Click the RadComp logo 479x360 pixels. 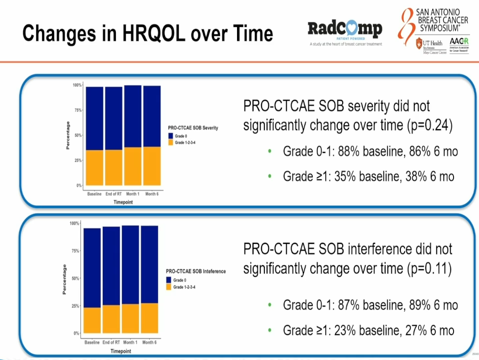click(345, 30)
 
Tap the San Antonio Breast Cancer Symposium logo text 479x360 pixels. click(436, 20)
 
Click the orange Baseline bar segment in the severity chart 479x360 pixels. click(95, 168)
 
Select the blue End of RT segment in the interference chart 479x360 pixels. click(111, 266)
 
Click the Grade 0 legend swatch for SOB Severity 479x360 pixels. click(170, 136)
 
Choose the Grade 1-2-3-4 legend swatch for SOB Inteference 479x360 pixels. click(169, 287)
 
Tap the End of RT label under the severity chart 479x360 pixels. click(114, 194)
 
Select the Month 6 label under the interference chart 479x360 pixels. click(149, 343)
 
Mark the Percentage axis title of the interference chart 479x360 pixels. click(64, 280)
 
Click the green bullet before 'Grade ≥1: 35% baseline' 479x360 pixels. click(269, 176)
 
